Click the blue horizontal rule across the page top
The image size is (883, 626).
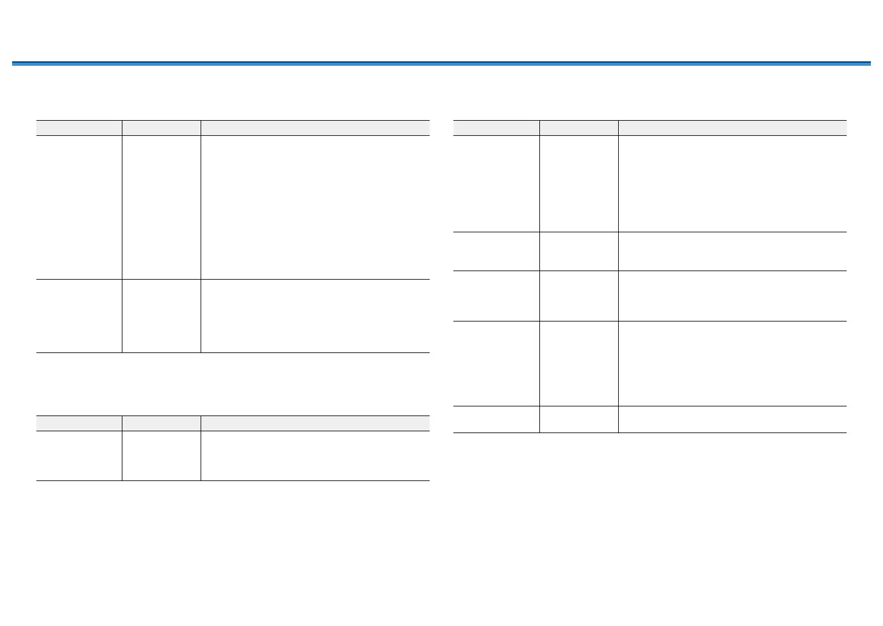click(441, 63)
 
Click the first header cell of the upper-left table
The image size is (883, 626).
click(79, 128)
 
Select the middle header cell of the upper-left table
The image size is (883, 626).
click(161, 128)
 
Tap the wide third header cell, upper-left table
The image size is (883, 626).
click(315, 128)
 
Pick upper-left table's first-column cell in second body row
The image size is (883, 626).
click(79, 316)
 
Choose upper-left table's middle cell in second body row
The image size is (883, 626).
click(161, 316)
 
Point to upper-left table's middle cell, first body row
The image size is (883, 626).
click(161, 207)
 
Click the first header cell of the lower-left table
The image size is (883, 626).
click(79, 423)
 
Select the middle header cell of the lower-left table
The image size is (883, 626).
click(161, 423)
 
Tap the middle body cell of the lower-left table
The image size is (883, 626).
click(161, 456)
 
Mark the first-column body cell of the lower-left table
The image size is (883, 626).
click(79, 456)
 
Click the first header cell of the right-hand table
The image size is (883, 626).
click(496, 128)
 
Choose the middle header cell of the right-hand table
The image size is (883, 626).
click(579, 128)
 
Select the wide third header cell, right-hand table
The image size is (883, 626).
click(732, 128)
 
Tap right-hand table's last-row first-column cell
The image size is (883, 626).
click(496, 419)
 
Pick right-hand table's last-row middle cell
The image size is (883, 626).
click(579, 419)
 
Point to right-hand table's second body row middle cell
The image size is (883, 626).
click(579, 251)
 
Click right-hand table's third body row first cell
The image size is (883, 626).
click(496, 296)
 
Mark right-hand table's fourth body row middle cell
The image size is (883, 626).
click(579, 363)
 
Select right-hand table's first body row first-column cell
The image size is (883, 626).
click(496, 183)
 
